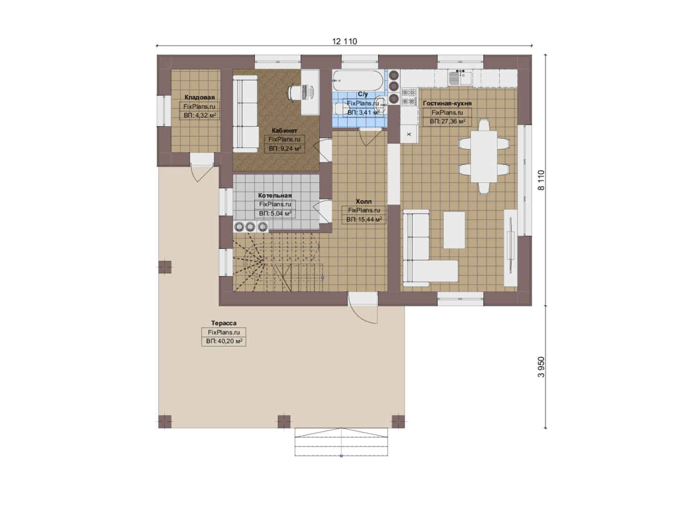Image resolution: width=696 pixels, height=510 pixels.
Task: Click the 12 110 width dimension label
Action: point(344,42)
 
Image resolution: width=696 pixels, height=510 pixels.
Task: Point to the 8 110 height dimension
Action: point(541,180)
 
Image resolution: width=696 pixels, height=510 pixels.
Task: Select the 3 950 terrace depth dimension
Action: point(541,367)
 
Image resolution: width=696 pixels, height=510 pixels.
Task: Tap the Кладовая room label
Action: point(199,97)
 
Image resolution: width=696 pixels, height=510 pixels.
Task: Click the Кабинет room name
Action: point(284,130)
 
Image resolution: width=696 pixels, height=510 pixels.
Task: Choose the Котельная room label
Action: point(275,195)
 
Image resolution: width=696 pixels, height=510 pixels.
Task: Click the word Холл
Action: point(364,201)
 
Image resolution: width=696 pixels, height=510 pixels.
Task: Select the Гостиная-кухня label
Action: point(447,103)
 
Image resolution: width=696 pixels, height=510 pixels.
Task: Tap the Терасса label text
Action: point(224,323)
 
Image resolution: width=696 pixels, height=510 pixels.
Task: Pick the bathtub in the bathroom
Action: point(358,80)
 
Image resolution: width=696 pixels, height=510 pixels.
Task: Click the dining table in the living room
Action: point(484,156)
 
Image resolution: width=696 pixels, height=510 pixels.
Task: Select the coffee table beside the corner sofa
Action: point(454,230)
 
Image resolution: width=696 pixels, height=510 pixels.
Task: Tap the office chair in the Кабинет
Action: point(294,92)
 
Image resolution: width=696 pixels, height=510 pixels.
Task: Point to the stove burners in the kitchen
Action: point(409,97)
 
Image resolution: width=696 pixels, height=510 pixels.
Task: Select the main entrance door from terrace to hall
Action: point(363,308)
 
